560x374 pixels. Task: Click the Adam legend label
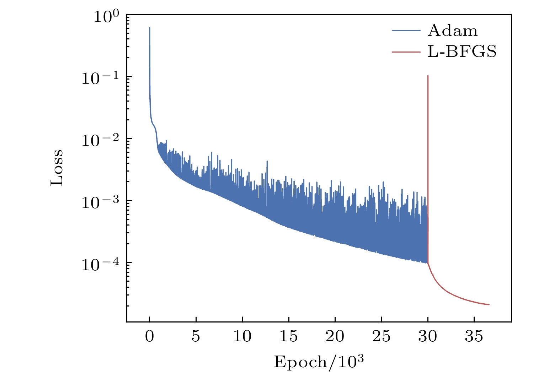[453, 31]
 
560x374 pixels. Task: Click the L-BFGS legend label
[462, 52]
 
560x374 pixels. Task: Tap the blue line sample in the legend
[406, 31]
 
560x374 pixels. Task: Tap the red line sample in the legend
[406, 52]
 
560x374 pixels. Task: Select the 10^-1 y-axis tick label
[101, 78]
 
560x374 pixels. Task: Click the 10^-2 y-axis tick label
[101, 140]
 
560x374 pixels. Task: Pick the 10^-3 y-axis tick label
[101, 202]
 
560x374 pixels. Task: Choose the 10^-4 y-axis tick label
[101, 264]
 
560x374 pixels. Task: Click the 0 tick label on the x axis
[150, 336]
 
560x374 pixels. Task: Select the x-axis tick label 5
[196, 336]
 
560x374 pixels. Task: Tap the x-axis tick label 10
[242, 336]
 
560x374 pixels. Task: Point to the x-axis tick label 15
[288, 336]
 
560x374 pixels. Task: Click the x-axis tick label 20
[335, 336]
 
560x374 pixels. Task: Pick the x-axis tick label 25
[381, 336]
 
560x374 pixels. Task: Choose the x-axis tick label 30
[427, 336]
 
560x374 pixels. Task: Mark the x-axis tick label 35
[474, 336]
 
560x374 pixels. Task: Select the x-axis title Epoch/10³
[319, 362]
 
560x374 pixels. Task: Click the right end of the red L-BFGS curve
[489, 304]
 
